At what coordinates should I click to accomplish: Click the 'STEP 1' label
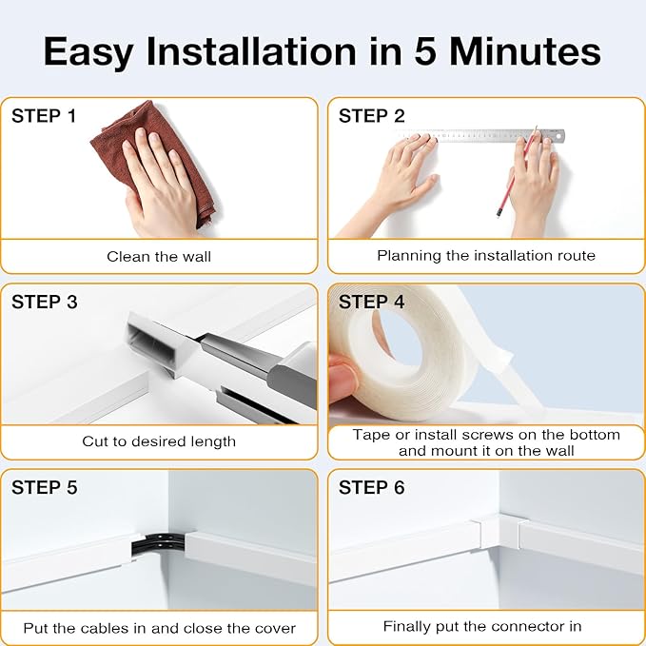pos(44,117)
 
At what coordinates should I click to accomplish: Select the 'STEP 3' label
pos(44,303)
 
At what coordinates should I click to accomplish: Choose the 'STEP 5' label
pos(44,488)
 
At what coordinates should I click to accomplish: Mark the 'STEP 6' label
pos(372,488)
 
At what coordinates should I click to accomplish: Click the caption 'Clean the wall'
pos(159,256)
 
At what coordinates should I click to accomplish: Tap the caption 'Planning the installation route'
pos(486,255)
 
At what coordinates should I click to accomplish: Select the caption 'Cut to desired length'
pos(159,441)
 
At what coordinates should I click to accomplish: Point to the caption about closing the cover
pos(159,627)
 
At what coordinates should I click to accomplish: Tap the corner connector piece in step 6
pos(498,531)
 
